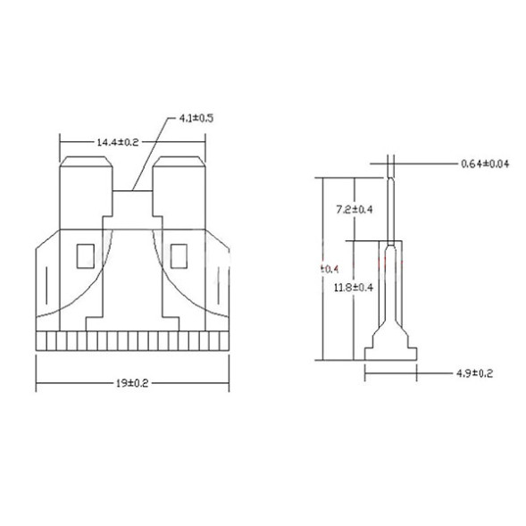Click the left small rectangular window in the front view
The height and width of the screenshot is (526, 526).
(x=87, y=256)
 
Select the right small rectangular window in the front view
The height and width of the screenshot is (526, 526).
(x=179, y=256)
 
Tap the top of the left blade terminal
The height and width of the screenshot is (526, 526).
(x=86, y=163)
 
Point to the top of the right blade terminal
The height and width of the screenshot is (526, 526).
(x=179, y=163)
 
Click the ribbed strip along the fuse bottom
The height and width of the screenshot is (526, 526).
(x=132, y=341)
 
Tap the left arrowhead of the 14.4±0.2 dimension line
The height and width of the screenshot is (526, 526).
(x=62, y=142)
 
